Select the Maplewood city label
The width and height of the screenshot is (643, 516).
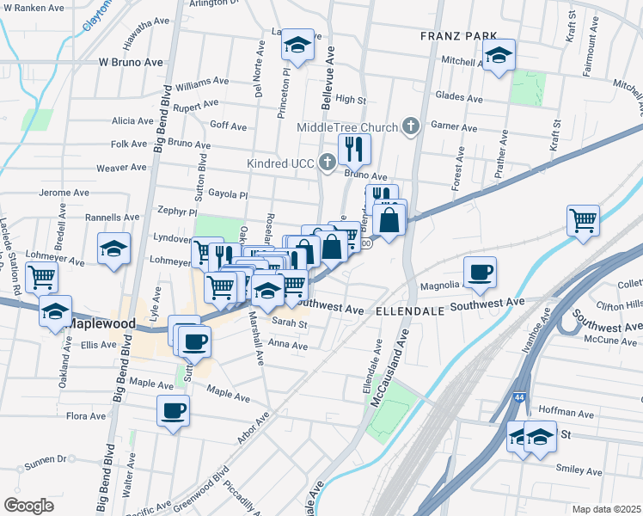[x=101, y=323]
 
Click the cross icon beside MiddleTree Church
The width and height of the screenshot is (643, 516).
[x=410, y=127]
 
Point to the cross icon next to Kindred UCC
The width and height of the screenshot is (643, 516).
[x=327, y=161]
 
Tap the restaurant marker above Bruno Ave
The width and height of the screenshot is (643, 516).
[x=353, y=150]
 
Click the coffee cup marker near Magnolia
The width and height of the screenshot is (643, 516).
[x=480, y=272]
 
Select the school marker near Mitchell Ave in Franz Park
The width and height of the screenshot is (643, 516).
[x=498, y=55]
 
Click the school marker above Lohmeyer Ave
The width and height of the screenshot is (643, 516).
[x=113, y=249]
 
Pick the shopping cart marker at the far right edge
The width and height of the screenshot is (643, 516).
[x=583, y=220]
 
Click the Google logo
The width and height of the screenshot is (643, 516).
[x=28, y=505]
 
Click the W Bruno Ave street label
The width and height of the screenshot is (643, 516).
[x=131, y=63]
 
